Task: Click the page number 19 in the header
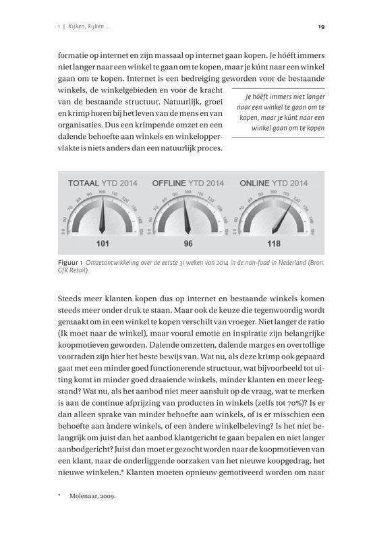point(320,27)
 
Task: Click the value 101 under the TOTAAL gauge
point(103,243)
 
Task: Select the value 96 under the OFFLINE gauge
point(188,243)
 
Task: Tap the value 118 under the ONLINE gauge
point(273,243)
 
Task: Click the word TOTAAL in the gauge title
point(84,183)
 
